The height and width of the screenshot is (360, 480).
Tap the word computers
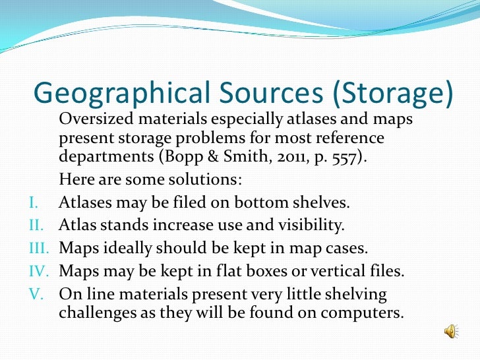pos(359,313)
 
